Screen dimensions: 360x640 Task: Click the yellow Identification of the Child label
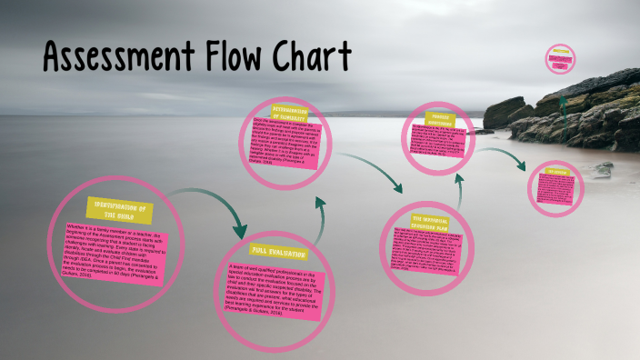pos(118,209)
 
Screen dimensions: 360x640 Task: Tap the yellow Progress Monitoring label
pos(442,121)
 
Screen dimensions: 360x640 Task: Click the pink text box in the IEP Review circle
pos(556,188)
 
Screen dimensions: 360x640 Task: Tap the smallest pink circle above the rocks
pos(560,60)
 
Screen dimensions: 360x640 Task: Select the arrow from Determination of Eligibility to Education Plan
pos(367,169)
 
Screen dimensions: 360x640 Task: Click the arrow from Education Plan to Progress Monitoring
pos(458,191)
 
